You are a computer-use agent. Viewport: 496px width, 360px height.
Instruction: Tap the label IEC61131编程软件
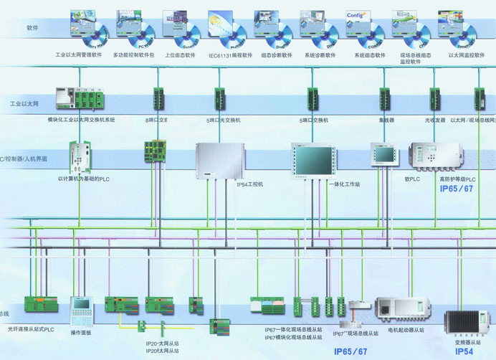click(230, 55)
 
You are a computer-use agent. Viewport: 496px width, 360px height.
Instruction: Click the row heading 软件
click(32, 28)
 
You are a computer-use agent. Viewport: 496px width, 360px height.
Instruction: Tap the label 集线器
click(387, 120)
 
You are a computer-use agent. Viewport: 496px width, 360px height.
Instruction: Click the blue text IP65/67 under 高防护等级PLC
click(457, 189)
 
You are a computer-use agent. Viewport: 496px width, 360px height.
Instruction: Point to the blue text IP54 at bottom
click(464, 352)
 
